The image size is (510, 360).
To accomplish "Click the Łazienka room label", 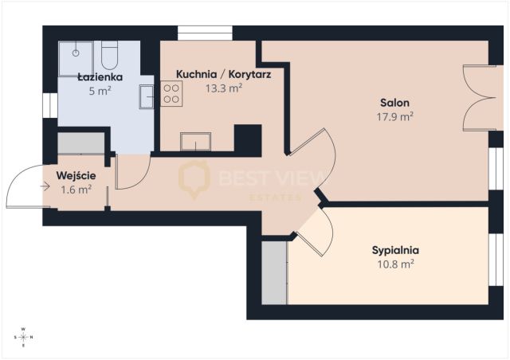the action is point(100,77).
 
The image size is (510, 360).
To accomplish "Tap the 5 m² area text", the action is point(100,91).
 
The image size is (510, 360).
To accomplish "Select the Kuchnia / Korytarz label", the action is point(223,74).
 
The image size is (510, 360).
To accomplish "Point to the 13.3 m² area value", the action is point(224,88).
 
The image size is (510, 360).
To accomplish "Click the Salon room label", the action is point(395,103).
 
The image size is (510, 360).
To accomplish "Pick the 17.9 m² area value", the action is point(395,116).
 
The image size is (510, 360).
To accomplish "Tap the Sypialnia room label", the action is point(395,250).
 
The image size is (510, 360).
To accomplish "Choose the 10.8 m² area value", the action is point(395,264).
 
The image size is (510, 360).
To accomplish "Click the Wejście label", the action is point(76,175).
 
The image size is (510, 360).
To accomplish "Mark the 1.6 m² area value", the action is point(76,190).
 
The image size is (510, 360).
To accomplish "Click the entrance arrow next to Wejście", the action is point(45,186).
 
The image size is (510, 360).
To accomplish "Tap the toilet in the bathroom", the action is point(109,55).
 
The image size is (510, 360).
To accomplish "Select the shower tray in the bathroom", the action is point(76,58).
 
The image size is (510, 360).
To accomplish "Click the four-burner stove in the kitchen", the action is point(171,94).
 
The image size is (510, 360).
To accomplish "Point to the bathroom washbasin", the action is point(147,96).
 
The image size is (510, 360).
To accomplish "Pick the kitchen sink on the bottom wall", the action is point(195,142).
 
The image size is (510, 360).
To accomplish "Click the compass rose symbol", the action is point(23,337).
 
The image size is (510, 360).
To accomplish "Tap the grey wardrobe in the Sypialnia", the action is point(274,273).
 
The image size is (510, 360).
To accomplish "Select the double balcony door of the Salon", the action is point(479,98).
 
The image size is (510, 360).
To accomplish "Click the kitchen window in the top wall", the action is point(205,33).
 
